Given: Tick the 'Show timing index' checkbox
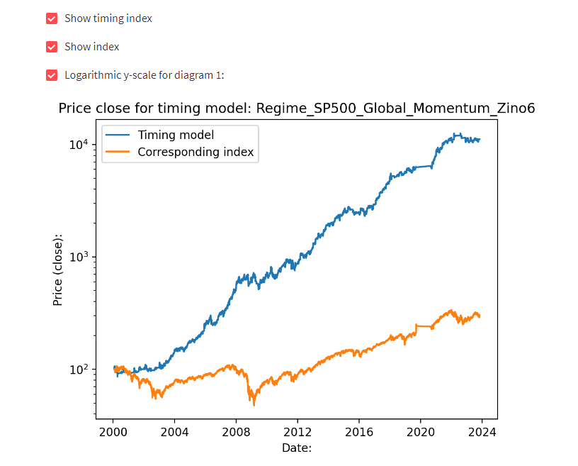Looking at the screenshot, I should tap(52, 18).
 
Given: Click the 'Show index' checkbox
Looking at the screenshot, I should tap(52, 47).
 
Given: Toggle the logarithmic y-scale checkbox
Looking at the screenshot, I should tap(52, 75).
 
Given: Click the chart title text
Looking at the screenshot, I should tap(296, 109).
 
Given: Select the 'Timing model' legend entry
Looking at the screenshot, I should tap(176, 135).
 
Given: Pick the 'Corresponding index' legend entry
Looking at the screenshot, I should tap(195, 152).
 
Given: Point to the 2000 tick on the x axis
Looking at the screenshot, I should tap(113, 431).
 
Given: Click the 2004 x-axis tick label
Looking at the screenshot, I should tap(174, 431).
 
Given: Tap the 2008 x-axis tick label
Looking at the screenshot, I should tap(236, 431).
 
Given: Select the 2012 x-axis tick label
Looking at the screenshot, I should tap(297, 431).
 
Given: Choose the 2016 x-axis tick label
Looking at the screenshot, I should tap(359, 431).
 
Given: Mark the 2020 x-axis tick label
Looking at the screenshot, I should tap(421, 431).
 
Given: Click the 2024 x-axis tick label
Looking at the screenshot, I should tap(482, 431).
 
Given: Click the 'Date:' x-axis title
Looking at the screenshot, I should tap(296, 448).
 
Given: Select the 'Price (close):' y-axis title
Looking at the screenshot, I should tap(58, 270).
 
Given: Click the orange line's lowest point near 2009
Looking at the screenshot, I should tap(254, 404).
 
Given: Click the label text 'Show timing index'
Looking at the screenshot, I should tap(108, 18).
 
